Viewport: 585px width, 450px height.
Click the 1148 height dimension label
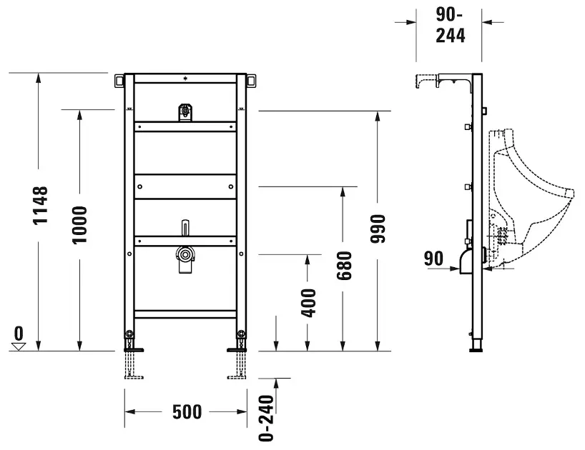pyautogui.click(x=40, y=205)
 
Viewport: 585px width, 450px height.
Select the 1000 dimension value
pyautogui.click(x=79, y=225)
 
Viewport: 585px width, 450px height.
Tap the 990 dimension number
pyautogui.click(x=377, y=229)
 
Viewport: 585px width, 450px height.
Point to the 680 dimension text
pyautogui.click(x=343, y=266)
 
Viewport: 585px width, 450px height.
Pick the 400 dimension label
pyautogui.click(x=308, y=303)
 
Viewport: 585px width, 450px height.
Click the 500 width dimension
pyautogui.click(x=187, y=411)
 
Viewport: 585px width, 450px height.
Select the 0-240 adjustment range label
pyautogui.click(x=266, y=419)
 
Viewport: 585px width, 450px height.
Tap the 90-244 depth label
pyautogui.click(x=451, y=25)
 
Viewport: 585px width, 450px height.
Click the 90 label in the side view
pyautogui.click(x=433, y=258)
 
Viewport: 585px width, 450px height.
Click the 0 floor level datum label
pyautogui.click(x=19, y=333)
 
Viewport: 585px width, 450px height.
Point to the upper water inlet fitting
pyautogui.click(x=185, y=112)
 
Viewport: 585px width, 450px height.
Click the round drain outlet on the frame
pyautogui.click(x=184, y=255)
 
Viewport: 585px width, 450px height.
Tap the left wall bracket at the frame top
pyautogui.click(x=119, y=81)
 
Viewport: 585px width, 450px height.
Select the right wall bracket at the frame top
pyautogui.click(x=252, y=81)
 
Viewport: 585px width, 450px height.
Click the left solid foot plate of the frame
pyautogui.click(x=134, y=349)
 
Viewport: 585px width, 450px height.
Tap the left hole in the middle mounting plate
pyautogui.click(x=140, y=186)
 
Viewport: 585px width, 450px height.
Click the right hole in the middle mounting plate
pyautogui.click(x=231, y=186)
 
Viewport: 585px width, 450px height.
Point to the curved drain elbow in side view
pyautogui.click(x=466, y=261)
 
